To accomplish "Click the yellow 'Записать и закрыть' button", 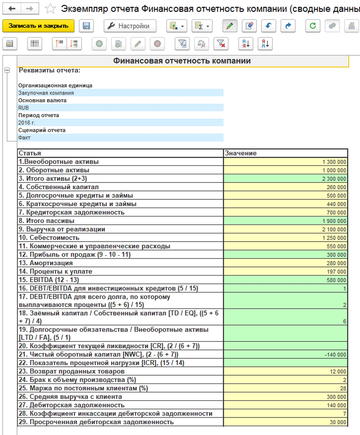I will point(38,26).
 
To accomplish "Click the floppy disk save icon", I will point(86,26).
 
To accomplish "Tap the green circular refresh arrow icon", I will point(313,26).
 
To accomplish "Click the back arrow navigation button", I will point(12,9).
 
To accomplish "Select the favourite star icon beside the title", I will point(50,9).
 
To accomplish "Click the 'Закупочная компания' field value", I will point(46,93).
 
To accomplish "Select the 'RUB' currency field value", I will point(23,108).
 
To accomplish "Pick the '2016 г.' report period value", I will point(27,123).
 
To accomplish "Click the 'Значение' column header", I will point(241,153).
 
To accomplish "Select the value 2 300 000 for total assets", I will point(334,179).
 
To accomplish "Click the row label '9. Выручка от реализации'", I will point(62,229).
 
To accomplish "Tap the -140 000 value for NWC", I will point(335,355).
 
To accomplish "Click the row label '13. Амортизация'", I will point(46,263).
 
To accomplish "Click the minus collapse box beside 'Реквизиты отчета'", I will point(7,70).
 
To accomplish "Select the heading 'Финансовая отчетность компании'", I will point(182,61).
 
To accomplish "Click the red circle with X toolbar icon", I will point(157,44).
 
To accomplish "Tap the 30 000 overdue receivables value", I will point(338,422).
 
